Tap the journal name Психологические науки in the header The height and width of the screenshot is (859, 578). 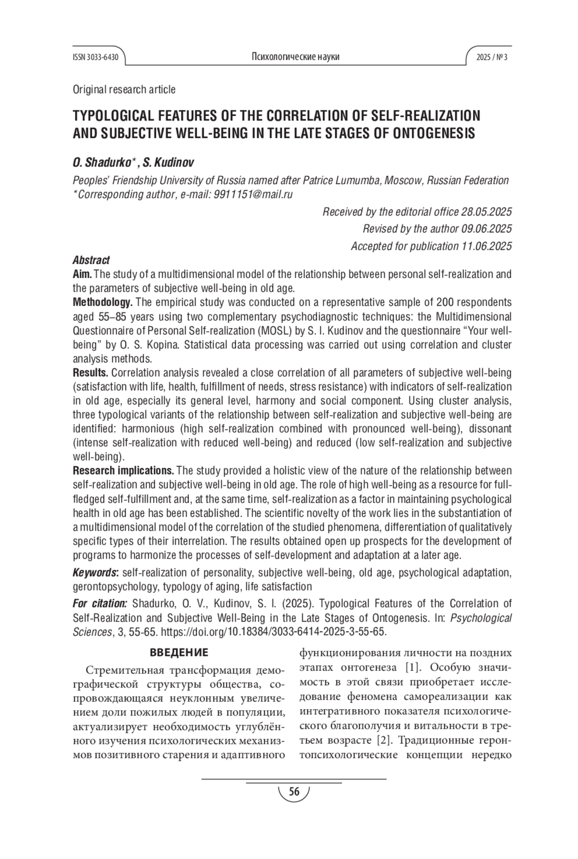[x=295, y=57]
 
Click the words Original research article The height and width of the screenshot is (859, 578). [x=124, y=90]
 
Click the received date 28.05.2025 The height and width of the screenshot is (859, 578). [x=486, y=212]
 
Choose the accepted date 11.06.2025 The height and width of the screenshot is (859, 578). [x=486, y=246]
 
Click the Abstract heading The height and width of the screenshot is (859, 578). [x=91, y=260]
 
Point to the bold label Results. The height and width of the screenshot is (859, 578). [x=91, y=373]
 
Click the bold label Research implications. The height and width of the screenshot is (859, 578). [x=124, y=471]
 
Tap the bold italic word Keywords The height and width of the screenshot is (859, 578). [x=95, y=573]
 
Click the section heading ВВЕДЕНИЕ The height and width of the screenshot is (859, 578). [x=179, y=653]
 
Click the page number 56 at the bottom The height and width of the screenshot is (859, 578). [x=294, y=791]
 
